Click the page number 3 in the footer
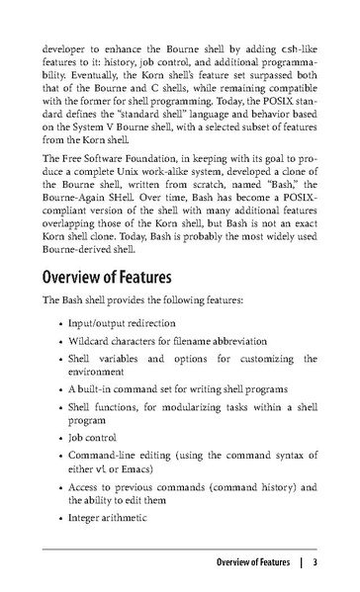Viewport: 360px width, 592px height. (x=313, y=564)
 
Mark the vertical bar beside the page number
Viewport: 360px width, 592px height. (x=298, y=564)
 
